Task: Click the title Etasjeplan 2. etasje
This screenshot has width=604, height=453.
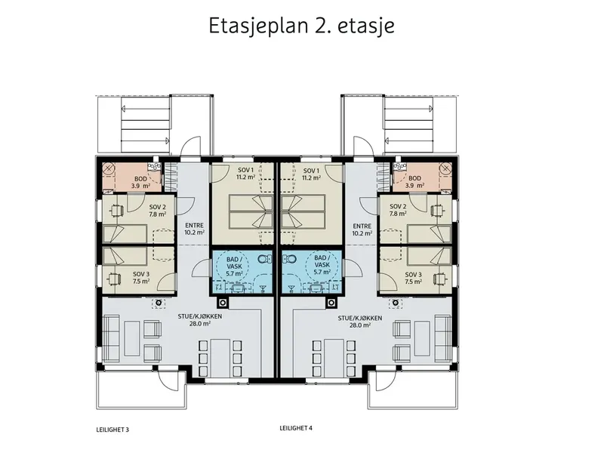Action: [x=301, y=26]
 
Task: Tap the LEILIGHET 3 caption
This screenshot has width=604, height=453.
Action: [x=112, y=430]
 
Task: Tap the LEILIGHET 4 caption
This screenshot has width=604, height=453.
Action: [x=296, y=428]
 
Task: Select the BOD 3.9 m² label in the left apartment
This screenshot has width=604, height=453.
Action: [x=140, y=182]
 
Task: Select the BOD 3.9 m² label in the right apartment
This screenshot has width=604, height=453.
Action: [x=414, y=182]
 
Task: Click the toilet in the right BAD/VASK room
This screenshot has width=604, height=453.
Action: [x=289, y=258]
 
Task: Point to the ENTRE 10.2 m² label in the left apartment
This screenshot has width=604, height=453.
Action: [x=195, y=229]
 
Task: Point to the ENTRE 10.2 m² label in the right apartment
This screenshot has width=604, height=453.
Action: [x=362, y=230]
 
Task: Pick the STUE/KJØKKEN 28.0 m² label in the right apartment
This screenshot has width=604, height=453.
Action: [x=360, y=322]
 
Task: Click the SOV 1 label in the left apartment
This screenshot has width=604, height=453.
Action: [x=246, y=171]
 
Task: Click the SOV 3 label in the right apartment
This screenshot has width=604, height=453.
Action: [x=413, y=275]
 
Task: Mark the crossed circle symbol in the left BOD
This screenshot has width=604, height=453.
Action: [x=109, y=168]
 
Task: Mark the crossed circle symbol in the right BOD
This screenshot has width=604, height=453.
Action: [x=445, y=168]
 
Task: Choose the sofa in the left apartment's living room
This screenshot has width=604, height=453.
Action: [x=111, y=339]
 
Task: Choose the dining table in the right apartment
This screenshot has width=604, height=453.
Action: [x=334, y=358]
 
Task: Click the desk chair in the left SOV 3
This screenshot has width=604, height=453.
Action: [x=115, y=278]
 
